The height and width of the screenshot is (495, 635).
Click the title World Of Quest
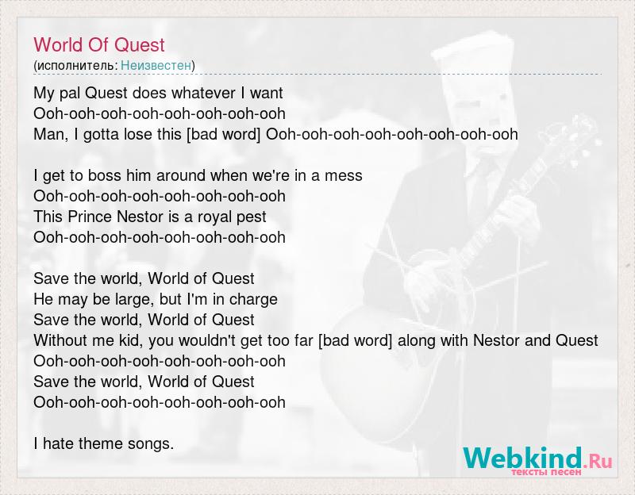pos(99,44)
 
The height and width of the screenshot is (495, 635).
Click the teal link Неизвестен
pos(156,65)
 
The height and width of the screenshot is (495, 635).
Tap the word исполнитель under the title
pos(75,65)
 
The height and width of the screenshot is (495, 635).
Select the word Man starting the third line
pos(49,134)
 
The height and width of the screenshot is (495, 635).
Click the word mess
pos(344,175)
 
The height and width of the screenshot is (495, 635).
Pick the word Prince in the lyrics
pos(90,217)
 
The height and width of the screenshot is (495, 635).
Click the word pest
pos(252,217)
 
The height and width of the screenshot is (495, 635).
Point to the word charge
pos(253,300)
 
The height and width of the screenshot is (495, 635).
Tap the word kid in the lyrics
pos(129,340)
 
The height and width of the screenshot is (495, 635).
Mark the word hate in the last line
pos(59,443)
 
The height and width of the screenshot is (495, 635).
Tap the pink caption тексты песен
pos(546,472)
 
